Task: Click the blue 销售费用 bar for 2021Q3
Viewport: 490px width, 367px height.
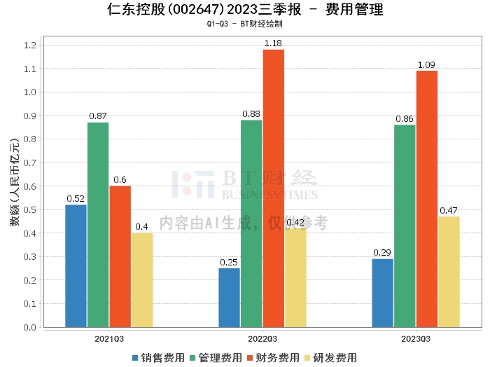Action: [x=76, y=266]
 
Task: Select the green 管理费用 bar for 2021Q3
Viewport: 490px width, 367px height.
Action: [x=98, y=225]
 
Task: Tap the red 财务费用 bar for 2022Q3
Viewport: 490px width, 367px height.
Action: [x=273, y=188]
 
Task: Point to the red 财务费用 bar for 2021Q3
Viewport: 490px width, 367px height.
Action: [x=120, y=256]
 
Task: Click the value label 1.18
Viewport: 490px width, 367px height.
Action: [x=273, y=43]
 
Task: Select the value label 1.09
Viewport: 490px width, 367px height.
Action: [x=426, y=64]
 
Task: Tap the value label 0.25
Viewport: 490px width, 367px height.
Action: [x=229, y=262]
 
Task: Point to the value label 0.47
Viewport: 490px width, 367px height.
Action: [x=449, y=210]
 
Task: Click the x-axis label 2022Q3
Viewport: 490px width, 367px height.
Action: [x=262, y=338]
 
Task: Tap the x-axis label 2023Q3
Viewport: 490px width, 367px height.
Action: [x=416, y=338]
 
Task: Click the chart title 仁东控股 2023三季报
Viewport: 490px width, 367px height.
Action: [x=244, y=10]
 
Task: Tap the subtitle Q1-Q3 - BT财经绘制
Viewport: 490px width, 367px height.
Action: [x=244, y=24]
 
